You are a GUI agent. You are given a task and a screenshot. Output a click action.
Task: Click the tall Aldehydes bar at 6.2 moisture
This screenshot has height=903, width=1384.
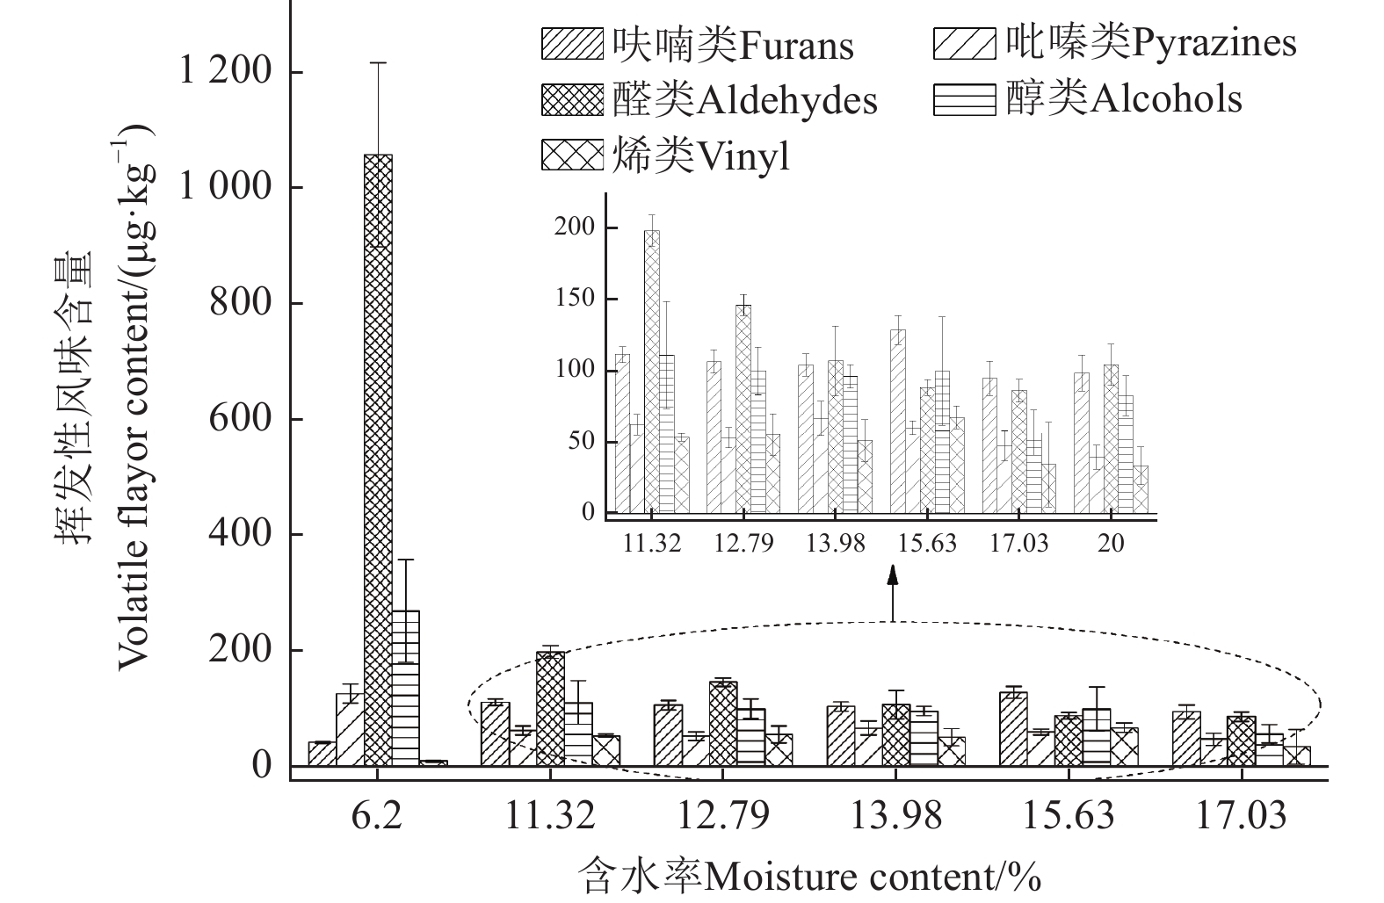(378, 457)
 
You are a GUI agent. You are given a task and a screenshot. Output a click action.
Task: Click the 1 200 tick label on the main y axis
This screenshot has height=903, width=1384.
(226, 72)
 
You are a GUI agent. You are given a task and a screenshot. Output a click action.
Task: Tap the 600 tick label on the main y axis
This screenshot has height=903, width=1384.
(241, 418)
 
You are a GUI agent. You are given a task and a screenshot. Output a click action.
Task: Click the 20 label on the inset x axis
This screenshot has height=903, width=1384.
(1111, 543)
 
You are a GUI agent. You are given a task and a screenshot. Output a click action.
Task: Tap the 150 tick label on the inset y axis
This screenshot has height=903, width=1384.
(576, 299)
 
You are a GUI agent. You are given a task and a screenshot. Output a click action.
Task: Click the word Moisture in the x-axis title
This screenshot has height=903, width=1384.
(764, 876)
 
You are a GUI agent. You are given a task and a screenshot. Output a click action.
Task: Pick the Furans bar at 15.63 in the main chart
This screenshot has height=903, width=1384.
(1013, 729)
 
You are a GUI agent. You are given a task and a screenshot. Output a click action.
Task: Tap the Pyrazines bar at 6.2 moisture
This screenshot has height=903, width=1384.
(350, 729)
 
